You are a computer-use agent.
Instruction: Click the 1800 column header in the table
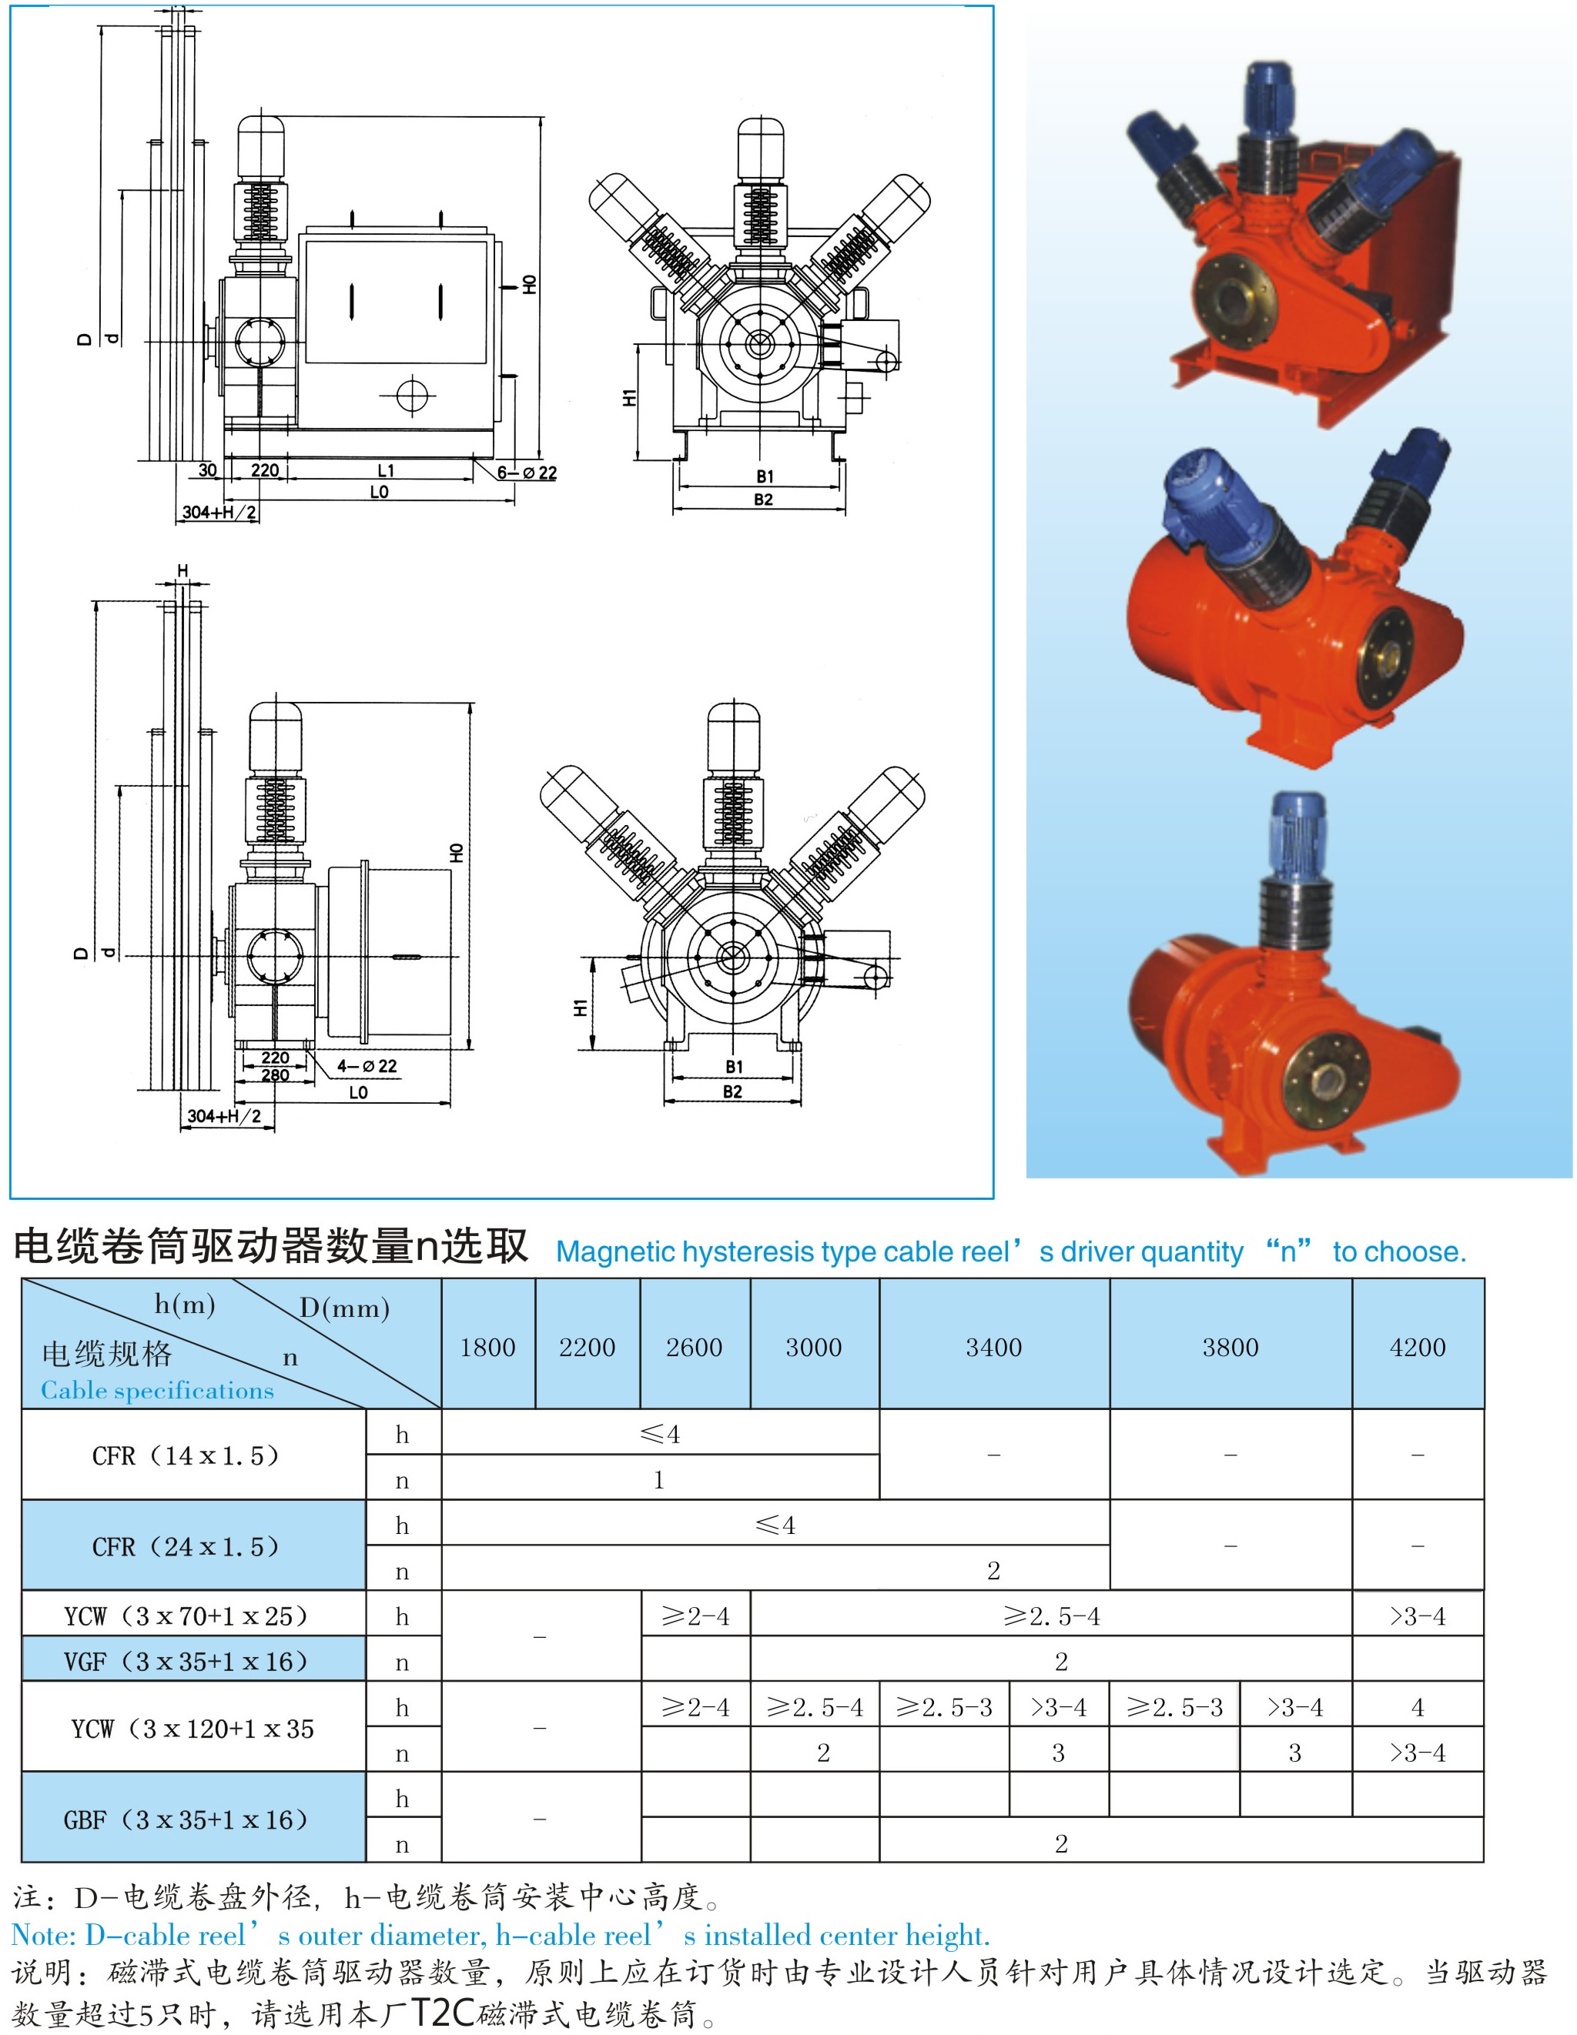(x=487, y=1348)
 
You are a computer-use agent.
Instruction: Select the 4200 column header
(x=1417, y=1348)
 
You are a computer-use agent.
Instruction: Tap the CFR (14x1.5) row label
(x=186, y=1455)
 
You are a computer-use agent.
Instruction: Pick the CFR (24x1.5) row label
(x=186, y=1547)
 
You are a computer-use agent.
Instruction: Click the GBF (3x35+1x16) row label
(x=186, y=1819)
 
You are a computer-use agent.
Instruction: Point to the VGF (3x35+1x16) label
(x=186, y=1662)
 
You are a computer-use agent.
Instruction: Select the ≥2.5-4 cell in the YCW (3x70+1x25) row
(x=1051, y=1616)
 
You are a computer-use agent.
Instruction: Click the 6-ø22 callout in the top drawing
(x=527, y=473)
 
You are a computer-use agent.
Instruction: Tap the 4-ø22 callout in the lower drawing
(x=367, y=1066)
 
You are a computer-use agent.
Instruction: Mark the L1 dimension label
(x=386, y=470)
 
